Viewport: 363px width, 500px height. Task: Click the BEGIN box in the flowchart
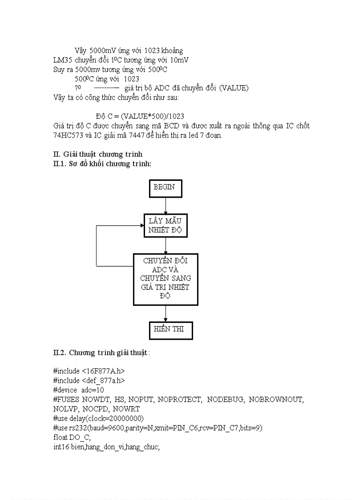[165, 188]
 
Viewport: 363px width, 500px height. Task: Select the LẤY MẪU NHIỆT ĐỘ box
[165, 225]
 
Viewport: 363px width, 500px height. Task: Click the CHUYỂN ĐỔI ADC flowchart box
[165, 279]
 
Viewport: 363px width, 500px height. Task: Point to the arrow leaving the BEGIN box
[165, 205]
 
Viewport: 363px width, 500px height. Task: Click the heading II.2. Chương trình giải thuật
[101, 353]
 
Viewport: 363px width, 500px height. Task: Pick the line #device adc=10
[79, 390]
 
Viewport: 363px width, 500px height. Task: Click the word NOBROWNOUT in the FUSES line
[276, 399]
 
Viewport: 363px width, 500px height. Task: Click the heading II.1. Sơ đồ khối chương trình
[102, 164]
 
